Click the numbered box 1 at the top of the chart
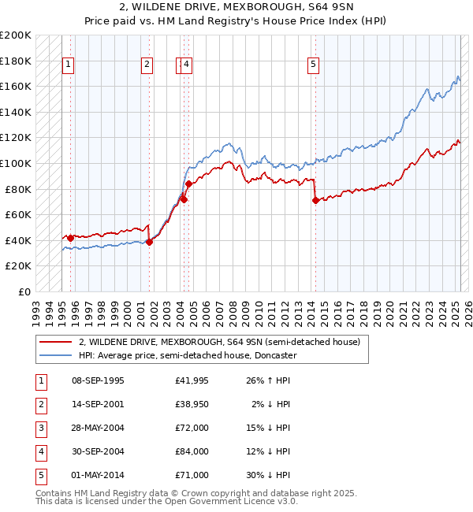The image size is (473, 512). click(69, 65)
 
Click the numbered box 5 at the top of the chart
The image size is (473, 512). click(314, 65)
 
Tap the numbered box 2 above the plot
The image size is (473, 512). click(147, 65)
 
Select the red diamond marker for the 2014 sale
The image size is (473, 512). click(315, 201)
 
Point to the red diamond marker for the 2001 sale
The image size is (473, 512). click(150, 242)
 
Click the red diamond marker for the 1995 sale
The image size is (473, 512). click(70, 238)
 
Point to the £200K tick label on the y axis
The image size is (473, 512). click(15, 35)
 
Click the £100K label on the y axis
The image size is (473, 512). click(15, 163)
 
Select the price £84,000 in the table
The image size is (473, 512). click(192, 452)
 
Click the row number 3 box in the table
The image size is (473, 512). click(39, 429)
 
